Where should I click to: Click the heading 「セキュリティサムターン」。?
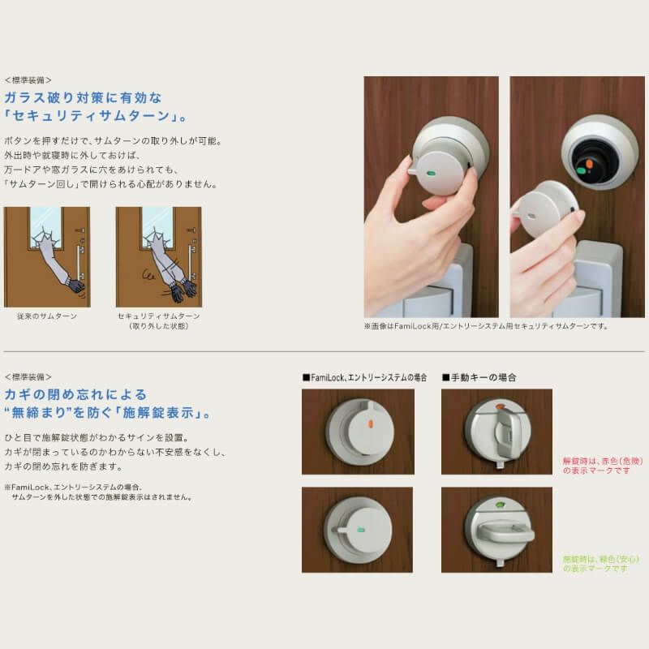(x=97, y=116)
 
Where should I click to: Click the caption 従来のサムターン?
(x=46, y=316)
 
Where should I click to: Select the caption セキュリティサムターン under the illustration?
(x=159, y=316)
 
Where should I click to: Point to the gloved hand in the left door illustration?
(x=75, y=285)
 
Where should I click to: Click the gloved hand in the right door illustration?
(x=186, y=286)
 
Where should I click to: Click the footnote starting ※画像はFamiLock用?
(x=485, y=326)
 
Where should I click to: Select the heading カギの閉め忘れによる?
(x=76, y=394)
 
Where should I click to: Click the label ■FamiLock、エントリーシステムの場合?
(x=364, y=377)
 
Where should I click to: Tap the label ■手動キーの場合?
(x=479, y=377)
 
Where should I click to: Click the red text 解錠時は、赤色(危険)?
(x=600, y=460)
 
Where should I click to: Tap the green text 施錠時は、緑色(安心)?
(x=601, y=559)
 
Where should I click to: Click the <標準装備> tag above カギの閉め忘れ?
(x=28, y=377)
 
